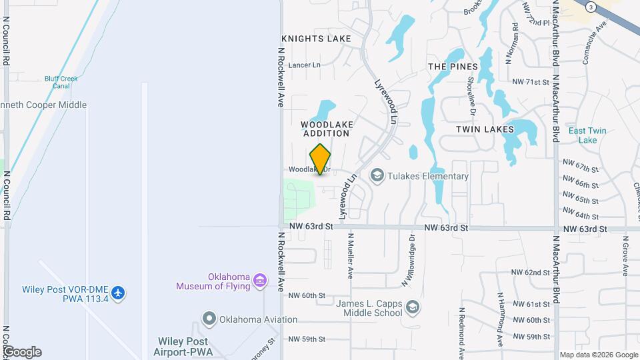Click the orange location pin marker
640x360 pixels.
pyautogui.click(x=321, y=159)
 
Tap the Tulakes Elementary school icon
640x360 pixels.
pyautogui.click(x=376, y=176)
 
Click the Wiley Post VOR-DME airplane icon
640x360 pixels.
pyautogui.click(x=118, y=292)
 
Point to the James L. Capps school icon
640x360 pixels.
pyautogui.click(x=413, y=307)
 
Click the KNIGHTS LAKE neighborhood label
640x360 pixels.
pyautogui.click(x=316, y=39)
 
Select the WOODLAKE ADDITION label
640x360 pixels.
pyautogui.click(x=325, y=129)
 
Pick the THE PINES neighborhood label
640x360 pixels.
pyautogui.click(x=453, y=67)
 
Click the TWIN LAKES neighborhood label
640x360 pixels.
pyautogui.click(x=485, y=129)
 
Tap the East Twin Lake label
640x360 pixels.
pyautogui.click(x=587, y=135)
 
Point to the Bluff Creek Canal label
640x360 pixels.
pyautogui.click(x=61, y=82)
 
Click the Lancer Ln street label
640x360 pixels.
pyautogui.click(x=305, y=65)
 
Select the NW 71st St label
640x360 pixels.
pyautogui.click(x=530, y=82)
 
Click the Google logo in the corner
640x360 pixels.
pyautogui.click(x=22, y=352)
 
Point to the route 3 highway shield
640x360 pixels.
pyautogui.click(x=591, y=7)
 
